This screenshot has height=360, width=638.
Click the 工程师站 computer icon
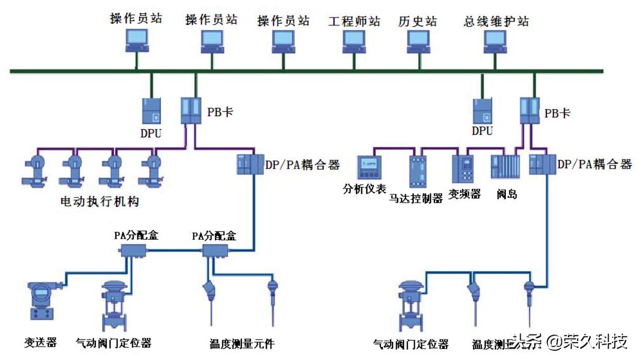point(354,41)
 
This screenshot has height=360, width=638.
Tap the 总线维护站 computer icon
point(495,41)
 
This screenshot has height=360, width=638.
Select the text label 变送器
point(40,342)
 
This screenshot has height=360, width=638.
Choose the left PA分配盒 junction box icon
point(133,251)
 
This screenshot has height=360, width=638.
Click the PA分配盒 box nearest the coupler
point(215,251)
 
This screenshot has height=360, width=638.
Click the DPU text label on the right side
point(482,131)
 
